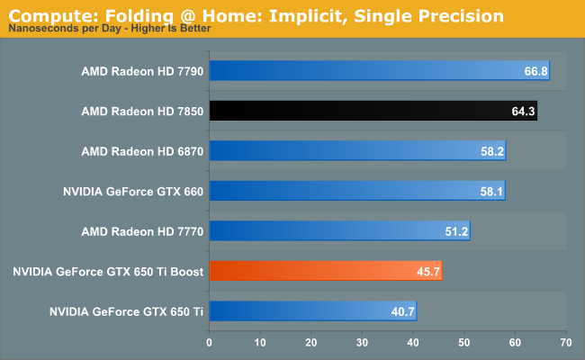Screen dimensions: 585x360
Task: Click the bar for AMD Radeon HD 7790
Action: click(380, 70)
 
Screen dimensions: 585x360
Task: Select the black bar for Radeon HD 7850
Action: click(373, 111)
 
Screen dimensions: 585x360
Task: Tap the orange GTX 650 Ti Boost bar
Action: click(326, 271)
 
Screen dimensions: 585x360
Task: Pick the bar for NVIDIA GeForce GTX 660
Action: click(357, 191)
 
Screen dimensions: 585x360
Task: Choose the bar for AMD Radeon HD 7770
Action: click(340, 231)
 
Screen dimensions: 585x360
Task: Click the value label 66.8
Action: click(535, 71)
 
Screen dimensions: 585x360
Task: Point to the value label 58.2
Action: click(492, 151)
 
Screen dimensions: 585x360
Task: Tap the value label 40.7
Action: click(403, 311)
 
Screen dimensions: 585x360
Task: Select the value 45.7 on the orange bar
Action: click(428, 271)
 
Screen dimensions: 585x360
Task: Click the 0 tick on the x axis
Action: click(210, 343)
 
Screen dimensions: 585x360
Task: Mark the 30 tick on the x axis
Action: click(362, 343)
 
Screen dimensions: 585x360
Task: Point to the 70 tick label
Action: click(566, 343)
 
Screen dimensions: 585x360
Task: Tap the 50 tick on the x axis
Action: click(464, 343)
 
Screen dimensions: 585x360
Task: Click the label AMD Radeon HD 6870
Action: click(142, 151)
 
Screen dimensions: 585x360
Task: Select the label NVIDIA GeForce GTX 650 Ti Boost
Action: click(108, 272)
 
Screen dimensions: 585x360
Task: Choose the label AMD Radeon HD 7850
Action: click(142, 112)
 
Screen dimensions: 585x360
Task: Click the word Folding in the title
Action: click(139, 16)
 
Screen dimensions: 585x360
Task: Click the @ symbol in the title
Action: click(188, 16)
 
